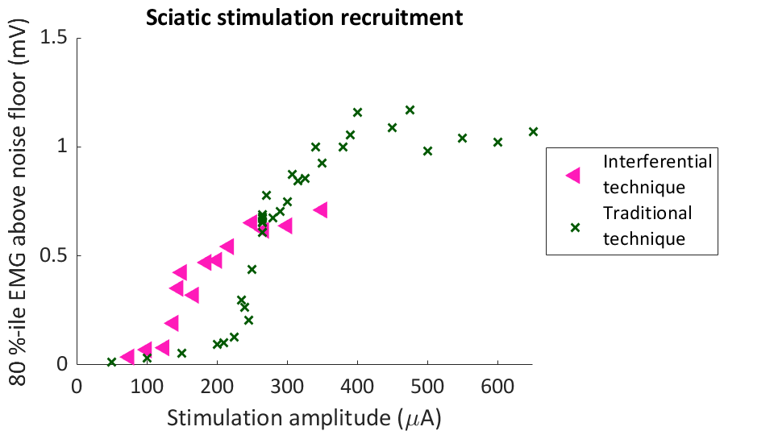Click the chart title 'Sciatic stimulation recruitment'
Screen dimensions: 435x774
[304, 18]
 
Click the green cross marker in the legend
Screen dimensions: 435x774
[575, 227]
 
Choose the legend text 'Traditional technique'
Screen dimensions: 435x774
[647, 226]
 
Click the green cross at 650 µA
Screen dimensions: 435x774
[533, 131]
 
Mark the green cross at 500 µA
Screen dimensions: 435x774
[427, 151]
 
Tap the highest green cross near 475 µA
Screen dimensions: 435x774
[410, 110]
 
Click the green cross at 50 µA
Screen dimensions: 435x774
[111, 362]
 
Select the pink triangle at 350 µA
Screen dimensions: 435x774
[321, 210]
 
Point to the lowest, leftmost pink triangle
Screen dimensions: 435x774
[127, 357]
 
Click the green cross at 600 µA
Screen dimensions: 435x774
[497, 142]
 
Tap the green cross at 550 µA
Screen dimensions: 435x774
[462, 138]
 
